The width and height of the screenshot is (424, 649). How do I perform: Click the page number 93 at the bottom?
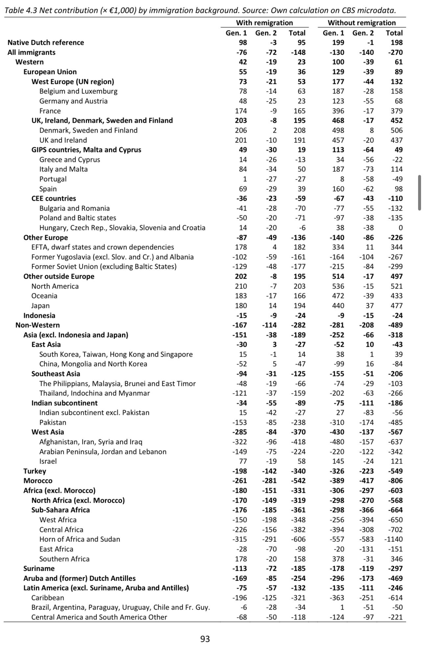(205, 638)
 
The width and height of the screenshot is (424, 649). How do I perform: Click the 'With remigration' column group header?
(264, 23)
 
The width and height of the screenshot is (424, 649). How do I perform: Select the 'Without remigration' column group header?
(362, 23)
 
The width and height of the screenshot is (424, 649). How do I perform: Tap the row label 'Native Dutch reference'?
(46, 42)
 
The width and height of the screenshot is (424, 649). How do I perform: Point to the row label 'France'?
(50, 111)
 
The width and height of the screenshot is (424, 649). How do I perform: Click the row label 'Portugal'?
(53, 179)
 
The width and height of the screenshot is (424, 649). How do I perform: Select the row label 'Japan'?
(40, 306)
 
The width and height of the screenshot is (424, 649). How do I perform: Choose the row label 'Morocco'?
(38, 481)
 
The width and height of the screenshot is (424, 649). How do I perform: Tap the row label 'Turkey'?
(35, 471)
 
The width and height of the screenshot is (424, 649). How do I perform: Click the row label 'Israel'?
(48, 461)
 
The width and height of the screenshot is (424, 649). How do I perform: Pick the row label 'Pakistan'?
(53, 422)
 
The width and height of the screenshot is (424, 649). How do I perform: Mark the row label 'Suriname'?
(39, 568)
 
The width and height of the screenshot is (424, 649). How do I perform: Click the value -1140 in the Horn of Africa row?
(393, 539)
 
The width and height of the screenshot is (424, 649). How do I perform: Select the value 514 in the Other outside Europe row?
(338, 276)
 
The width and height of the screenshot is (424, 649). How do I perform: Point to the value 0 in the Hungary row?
(400, 228)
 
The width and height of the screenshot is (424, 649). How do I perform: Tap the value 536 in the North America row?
(338, 286)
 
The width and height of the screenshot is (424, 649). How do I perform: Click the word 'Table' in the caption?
(14, 11)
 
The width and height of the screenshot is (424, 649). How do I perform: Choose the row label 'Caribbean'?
(48, 598)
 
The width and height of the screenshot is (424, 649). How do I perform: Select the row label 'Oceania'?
(44, 296)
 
